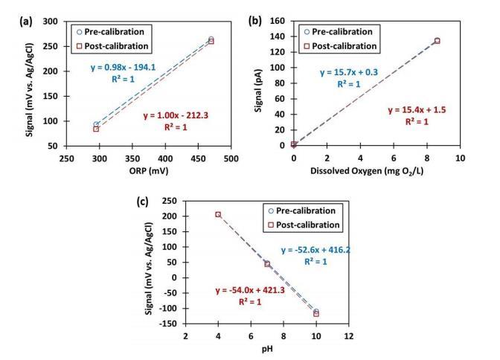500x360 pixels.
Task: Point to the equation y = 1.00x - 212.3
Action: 176,115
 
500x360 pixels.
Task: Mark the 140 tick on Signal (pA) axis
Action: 283,16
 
